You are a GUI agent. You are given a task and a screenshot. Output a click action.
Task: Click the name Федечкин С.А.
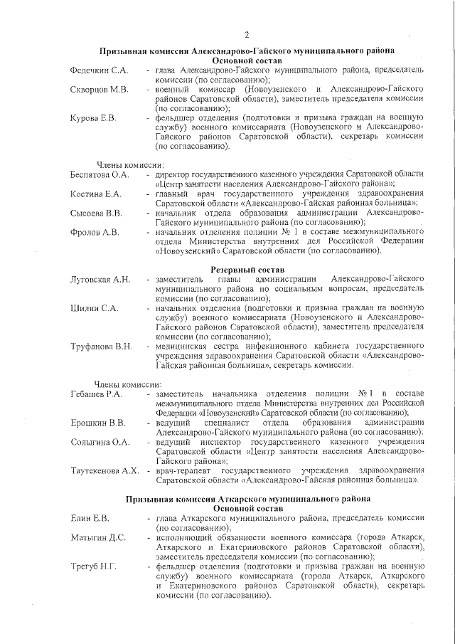coord(100,70)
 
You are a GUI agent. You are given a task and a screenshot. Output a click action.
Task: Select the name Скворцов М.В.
coord(100,90)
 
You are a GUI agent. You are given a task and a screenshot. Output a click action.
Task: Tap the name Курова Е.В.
coord(93,117)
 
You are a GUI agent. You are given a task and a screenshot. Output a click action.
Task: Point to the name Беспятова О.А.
coord(100,174)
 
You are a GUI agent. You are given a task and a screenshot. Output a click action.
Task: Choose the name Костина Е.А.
coord(97,194)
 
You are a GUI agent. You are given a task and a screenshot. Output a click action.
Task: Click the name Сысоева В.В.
coord(97,213)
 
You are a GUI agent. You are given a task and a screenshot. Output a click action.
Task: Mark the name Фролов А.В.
coord(95,232)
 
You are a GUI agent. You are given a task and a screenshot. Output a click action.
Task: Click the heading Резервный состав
coord(247,270)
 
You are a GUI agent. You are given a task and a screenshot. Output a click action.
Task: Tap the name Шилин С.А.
coord(94,307)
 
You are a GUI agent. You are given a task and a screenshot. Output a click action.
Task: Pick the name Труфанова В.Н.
coord(101,346)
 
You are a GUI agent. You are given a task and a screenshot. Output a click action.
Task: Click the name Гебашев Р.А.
coord(97,394)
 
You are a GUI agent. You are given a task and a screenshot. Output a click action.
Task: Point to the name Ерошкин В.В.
coord(98,423)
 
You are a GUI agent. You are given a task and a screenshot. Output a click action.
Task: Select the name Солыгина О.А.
coord(100,442)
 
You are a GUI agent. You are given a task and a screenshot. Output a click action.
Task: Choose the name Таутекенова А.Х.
coord(105,470)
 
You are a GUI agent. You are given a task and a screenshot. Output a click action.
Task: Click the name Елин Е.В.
coord(90,518)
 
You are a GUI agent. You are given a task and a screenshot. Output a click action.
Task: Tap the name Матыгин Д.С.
coord(98,537)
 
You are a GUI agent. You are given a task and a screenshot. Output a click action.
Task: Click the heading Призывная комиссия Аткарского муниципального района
coord(247,499)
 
